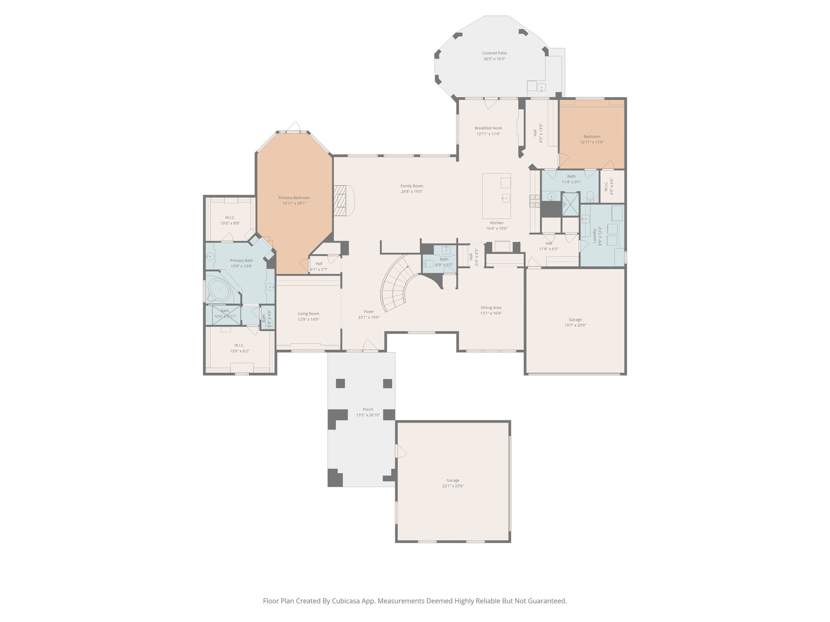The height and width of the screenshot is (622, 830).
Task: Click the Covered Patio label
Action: pyautogui.click(x=494, y=53)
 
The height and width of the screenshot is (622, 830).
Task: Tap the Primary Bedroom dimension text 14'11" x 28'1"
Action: pyautogui.click(x=294, y=204)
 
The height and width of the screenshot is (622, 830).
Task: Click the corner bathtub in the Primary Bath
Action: pyautogui.click(x=219, y=289)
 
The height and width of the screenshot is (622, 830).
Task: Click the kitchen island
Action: pyautogui.click(x=496, y=196)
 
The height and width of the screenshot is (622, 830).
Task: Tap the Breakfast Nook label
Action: pyautogui.click(x=488, y=128)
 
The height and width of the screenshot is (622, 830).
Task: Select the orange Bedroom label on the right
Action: pyautogui.click(x=592, y=136)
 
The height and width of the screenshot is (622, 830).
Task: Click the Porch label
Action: pyautogui.click(x=368, y=409)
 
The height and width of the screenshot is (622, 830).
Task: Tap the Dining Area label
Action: pyautogui.click(x=491, y=307)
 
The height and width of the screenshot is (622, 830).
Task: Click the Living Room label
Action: pyautogui.click(x=308, y=313)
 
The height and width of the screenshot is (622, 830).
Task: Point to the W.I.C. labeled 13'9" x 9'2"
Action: pyautogui.click(x=239, y=345)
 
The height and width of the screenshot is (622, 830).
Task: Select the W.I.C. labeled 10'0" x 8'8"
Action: pyautogui.click(x=230, y=217)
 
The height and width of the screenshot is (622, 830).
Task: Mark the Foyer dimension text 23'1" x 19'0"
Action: pyautogui.click(x=368, y=317)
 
